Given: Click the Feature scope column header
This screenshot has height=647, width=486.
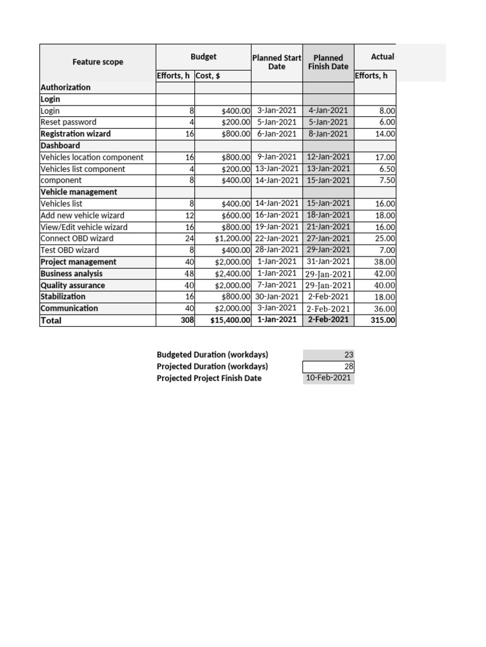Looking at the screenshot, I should click(x=97, y=62).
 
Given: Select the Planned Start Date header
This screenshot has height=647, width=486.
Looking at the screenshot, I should click(x=277, y=62).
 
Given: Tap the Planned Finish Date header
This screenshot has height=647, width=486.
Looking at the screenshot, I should click(x=328, y=62).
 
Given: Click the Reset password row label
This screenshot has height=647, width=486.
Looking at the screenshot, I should click(x=68, y=122).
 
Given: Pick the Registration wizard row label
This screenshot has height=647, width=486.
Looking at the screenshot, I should click(x=75, y=134).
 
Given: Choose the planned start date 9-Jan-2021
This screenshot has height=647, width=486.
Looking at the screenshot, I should click(x=277, y=157).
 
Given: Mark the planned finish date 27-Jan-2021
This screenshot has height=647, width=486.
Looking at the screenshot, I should click(x=328, y=238).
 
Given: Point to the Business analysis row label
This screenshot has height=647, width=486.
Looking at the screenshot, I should click(x=72, y=274).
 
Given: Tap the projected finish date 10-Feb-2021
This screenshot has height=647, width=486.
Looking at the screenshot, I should click(x=329, y=378).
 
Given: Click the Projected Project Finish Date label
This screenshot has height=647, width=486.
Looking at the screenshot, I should click(x=209, y=378).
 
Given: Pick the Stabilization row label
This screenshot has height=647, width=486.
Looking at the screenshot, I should click(x=63, y=296).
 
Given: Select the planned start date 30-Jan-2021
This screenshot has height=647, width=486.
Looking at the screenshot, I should click(x=277, y=296).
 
